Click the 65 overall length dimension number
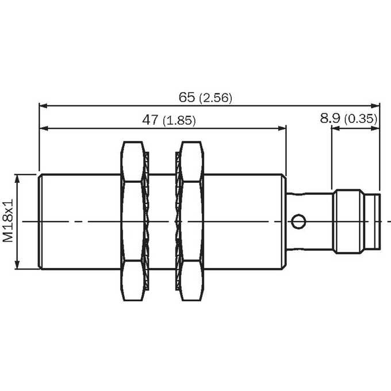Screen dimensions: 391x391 (187, 97)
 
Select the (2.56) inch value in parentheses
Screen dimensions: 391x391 (216, 98)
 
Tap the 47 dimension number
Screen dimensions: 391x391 (150, 120)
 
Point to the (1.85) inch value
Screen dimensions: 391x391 (179, 121)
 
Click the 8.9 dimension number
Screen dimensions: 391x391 (330, 118)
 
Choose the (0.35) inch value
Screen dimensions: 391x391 (361, 119)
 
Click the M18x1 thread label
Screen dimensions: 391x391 (8, 220)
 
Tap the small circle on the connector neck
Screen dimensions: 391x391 (298, 221)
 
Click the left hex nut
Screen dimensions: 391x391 (132, 221)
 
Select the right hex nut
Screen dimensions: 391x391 (191, 221)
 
